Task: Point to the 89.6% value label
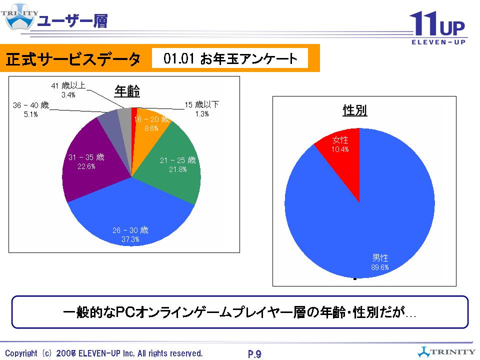(x=380, y=267)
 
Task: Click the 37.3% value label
(x=130, y=239)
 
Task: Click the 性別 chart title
(x=355, y=110)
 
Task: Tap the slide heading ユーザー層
(x=72, y=21)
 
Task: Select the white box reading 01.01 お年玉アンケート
(x=230, y=59)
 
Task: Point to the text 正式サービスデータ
(x=73, y=59)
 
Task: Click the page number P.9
(x=254, y=354)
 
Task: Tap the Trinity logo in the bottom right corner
(x=446, y=350)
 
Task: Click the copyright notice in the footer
(x=104, y=353)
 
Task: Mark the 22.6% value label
(x=86, y=167)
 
